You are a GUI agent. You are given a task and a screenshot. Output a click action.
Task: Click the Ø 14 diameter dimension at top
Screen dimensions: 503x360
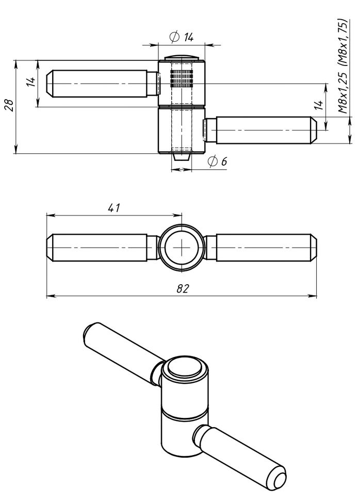click(x=181, y=37)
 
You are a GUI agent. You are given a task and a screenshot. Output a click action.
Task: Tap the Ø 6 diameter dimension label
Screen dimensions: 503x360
click(x=217, y=161)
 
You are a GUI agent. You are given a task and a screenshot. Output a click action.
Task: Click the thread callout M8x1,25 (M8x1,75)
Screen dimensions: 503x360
click(x=342, y=67)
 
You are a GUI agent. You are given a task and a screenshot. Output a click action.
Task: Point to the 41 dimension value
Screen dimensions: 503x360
click(x=114, y=208)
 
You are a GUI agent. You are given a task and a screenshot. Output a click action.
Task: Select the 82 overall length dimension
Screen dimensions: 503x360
click(x=181, y=289)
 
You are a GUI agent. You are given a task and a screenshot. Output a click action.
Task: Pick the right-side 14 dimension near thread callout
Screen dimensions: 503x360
click(x=319, y=105)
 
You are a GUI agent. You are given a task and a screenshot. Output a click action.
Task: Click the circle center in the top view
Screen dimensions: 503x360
click(x=182, y=248)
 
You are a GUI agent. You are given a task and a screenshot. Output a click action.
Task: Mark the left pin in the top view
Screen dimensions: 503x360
click(x=101, y=248)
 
